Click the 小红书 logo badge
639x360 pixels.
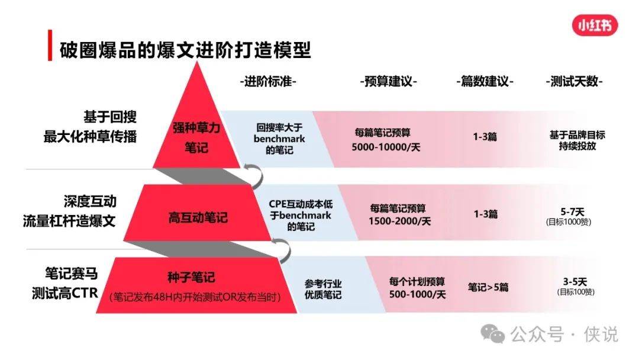click(x=595, y=25)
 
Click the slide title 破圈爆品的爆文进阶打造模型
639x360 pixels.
click(x=185, y=50)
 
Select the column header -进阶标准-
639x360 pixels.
click(x=268, y=82)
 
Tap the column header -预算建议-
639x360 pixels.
click(x=388, y=82)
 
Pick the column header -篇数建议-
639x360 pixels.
click(x=485, y=82)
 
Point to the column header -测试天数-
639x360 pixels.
click(x=574, y=82)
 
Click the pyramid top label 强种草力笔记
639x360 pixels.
click(x=196, y=137)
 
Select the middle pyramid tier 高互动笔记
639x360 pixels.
click(x=198, y=217)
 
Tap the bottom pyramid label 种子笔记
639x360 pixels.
click(x=191, y=277)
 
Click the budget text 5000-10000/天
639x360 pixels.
click(x=386, y=147)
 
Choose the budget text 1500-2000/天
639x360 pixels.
click(x=399, y=221)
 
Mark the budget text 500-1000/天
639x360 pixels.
click(x=417, y=294)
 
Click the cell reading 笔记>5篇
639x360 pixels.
click(x=488, y=287)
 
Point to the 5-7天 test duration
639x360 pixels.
click(x=572, y=212)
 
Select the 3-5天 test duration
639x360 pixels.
click(x=575, y=282)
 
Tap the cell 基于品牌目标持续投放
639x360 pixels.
click(x=577, y=140)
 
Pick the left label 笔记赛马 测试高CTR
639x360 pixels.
click(x=65, y=283)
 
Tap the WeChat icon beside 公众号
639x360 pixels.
click(x=492, y=335)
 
